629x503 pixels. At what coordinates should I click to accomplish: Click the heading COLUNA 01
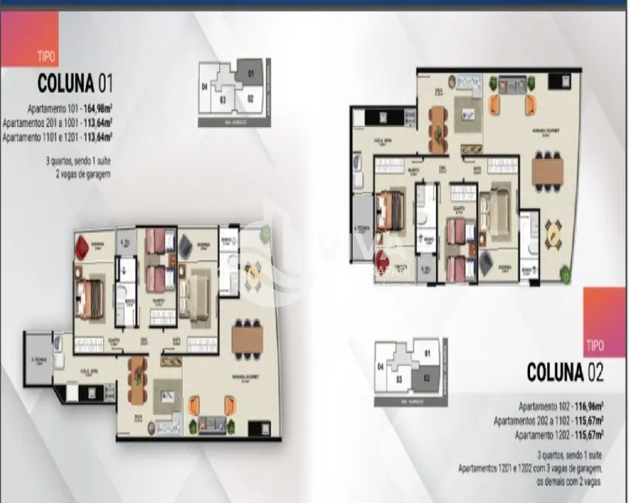coord(76,84)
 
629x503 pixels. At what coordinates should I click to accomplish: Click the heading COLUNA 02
coord(565,372)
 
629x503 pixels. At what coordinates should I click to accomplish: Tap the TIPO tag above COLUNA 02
coord(596,346)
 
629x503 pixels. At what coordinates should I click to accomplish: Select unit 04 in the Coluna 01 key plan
coord(205,87)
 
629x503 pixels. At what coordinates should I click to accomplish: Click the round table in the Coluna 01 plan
coord(252,270)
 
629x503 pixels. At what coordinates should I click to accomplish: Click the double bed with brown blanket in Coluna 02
coord(393,207)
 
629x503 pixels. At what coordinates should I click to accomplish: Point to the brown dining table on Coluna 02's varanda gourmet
coord(548,169)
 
